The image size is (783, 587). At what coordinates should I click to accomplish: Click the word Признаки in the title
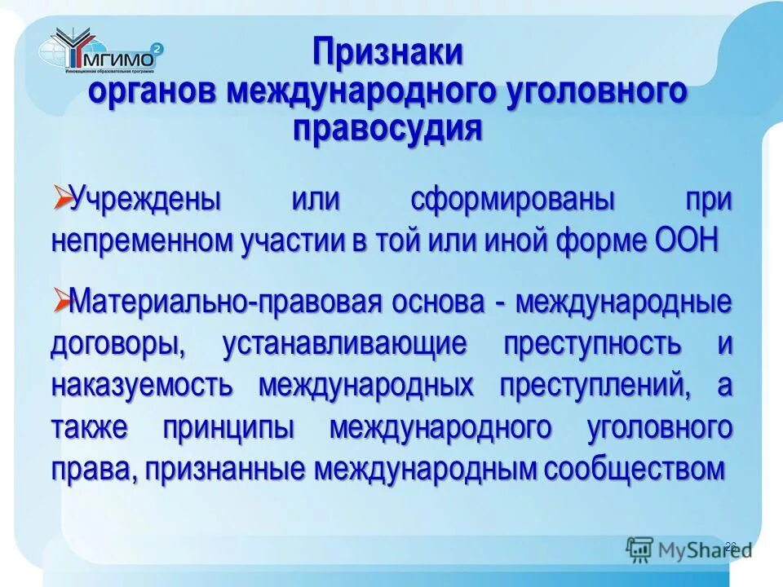pos(389,55)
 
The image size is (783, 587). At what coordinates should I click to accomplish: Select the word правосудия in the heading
pos(387,128)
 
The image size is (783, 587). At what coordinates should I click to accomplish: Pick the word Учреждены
pos(146,200)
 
